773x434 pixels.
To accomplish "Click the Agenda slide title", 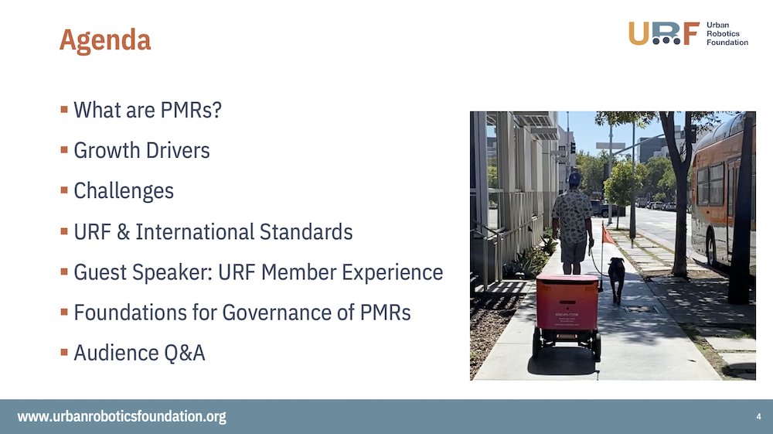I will point(105,39).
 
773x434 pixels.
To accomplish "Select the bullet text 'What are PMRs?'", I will point(148,110).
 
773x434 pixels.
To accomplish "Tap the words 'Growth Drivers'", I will point(141,150).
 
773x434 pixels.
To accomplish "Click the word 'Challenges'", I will point(124,190).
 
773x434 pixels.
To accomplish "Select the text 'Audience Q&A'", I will point(139,353).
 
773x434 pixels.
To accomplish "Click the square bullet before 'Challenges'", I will point(64,190).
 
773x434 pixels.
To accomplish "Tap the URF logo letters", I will point(663,33).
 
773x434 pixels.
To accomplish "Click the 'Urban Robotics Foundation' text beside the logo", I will point(727,33).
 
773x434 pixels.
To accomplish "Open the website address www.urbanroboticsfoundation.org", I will point(122,417).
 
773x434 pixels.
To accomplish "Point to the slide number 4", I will point(758,417).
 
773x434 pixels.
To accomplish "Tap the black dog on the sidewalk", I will point(616,276).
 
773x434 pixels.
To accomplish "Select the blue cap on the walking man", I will point(574,178).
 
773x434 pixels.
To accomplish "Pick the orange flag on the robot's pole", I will point(608,235).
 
